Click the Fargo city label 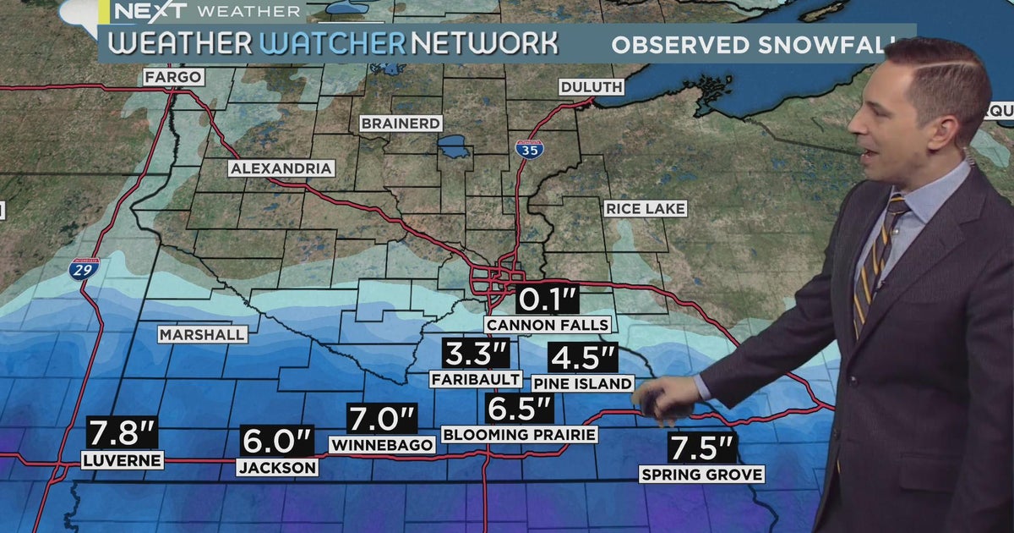(172, 77)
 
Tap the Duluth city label (591, 87)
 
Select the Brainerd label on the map (401, 124)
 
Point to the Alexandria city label (281, 168)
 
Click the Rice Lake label (646, 208)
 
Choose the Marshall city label (203, 334)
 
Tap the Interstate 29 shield (84, 268)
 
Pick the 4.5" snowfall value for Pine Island (582, 357)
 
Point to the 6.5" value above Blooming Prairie (519, 409)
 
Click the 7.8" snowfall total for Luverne (122, 433)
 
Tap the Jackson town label (277, 467)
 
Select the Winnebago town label (382, 444)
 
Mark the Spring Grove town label (701, 474)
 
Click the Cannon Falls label (547, 325)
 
